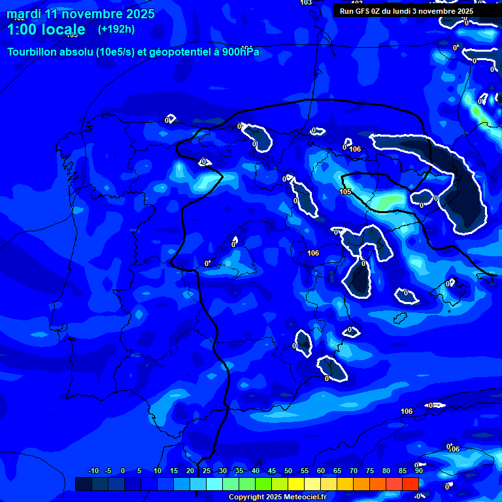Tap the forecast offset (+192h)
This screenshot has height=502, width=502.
(116, 29)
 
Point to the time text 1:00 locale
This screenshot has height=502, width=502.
(46, 29)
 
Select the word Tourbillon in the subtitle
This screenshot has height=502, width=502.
(33, 52)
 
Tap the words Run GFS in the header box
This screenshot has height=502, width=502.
(356, 11)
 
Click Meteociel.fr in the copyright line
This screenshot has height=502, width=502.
(305, 497)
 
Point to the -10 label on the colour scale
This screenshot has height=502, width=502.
(93, 471)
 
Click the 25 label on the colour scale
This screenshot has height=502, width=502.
(207, 471)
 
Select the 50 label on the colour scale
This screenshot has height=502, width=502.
(288, 471)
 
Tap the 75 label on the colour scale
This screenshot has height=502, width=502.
(370, 471)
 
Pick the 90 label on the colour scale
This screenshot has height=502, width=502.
(418, 471)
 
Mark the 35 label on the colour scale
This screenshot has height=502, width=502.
(239, 471)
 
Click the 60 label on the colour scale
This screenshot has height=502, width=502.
(321, 471)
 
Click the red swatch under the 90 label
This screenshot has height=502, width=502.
(410, 484)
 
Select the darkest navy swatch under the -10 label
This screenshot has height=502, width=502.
(83, 484)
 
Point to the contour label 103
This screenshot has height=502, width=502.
(305, 3)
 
